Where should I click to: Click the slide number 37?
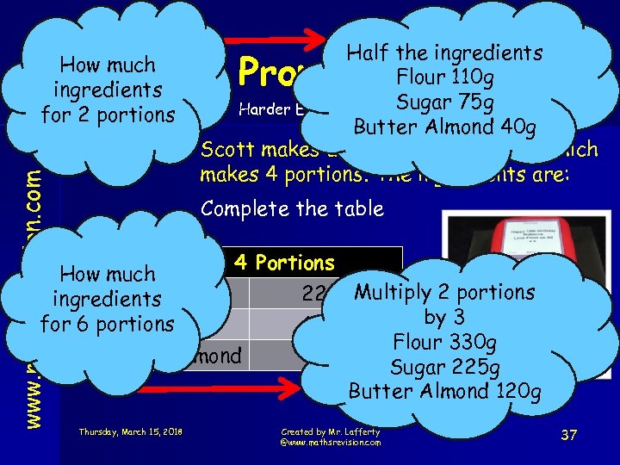coord(568,436)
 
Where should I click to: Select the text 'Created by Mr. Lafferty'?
coord(330,431)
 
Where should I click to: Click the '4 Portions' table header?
coord(284,263)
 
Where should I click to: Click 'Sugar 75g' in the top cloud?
coord(444,103)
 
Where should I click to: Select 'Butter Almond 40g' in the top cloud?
coord(444,128)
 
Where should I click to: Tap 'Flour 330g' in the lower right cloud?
coord(444,343)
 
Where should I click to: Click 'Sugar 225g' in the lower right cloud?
coord(444,368)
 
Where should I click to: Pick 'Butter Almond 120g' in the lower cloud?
coord(444,392)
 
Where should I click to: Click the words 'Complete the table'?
coord(291,209)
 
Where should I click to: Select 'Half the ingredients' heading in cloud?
coord(444,53)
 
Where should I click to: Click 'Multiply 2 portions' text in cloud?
coord(444,293)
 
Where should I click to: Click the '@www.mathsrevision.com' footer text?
coord(331,442)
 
